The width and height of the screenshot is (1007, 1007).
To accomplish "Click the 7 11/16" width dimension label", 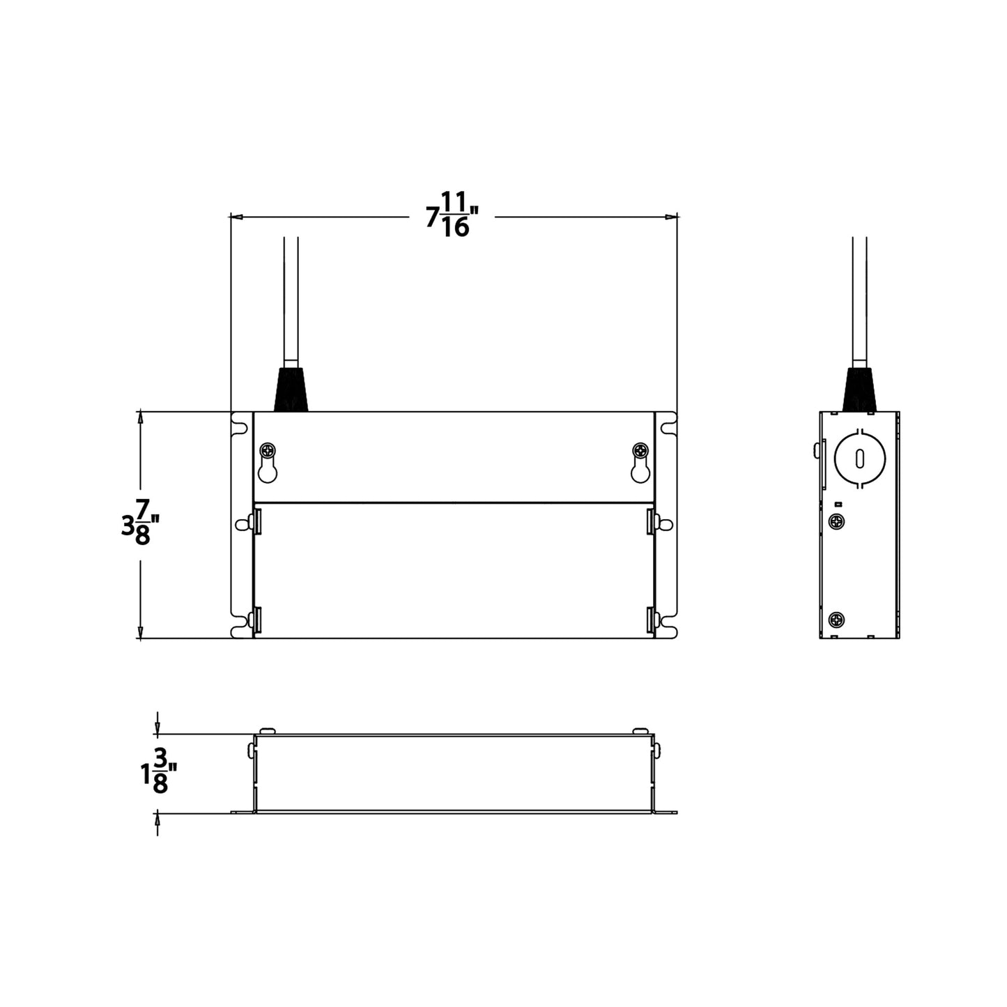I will tap(454, 216).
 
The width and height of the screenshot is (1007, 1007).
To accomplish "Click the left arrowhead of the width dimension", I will tap(236, 217).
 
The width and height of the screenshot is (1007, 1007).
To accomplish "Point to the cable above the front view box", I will tap(291, 300).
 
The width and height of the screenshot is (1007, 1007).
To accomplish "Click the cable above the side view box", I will tap(860, 300).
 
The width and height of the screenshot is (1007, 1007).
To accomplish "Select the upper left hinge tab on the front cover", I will tap(257, 521).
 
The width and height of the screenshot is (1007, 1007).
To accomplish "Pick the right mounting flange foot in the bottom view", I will tap(666, 812).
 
